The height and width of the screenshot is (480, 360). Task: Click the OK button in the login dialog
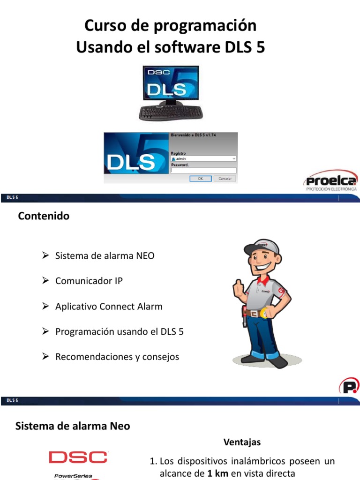pyautogui.click(x=200, y=179)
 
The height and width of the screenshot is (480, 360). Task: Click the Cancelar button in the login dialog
pyautogui.click(x=225, y=179)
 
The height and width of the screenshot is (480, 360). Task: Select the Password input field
pyautogui.click(x=203, y=171)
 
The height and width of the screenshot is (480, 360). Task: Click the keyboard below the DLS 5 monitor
pyautogui.click(x=171, y=113)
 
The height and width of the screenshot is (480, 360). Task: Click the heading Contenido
pyautogui.click(x=44, y=216)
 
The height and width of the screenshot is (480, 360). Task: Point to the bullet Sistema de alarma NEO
pyautogui.click(x=105, y=256)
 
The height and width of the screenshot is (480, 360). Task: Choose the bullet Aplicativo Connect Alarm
pyautogui.click(x=109, y=307)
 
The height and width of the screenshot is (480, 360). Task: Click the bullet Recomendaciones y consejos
pyautogui.click(x=117, y=357)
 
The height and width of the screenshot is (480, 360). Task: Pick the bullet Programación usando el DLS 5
pyautogui.click(x=120, y=332)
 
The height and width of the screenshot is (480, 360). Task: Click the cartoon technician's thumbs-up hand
pyautogui.click(x=238, y=288)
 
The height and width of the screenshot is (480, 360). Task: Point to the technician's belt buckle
pyautogui.click(x=254, y=313)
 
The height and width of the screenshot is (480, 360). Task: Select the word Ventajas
pyautogui.click(x=242, y=442)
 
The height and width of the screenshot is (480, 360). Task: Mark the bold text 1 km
pyautogui.click(x=217, y=473)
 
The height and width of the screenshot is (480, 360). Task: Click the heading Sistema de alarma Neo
pyautogui.click(x=73, y=426)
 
